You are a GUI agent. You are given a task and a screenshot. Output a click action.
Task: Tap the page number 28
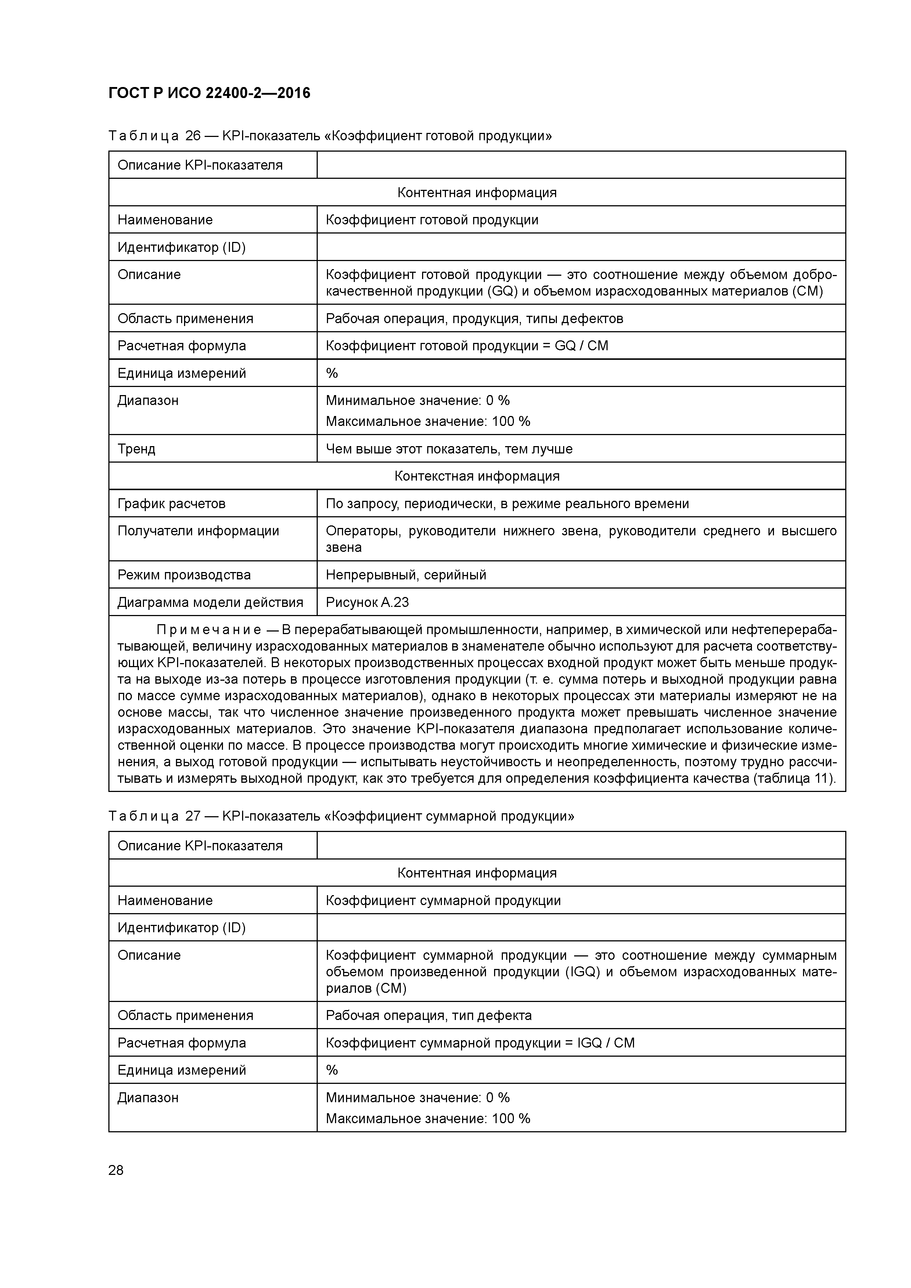point(116,1170)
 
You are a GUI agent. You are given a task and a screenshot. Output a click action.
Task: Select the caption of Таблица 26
point(330,136)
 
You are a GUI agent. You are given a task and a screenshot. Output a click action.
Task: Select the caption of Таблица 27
point(341,816)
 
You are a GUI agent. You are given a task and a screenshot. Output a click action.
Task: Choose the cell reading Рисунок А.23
point(367,603)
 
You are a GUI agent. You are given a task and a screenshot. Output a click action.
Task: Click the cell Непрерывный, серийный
point(406,575)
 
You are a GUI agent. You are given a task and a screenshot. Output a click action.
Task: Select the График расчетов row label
point(171,504)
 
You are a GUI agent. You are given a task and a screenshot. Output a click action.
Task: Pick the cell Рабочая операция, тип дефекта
point(428,1015)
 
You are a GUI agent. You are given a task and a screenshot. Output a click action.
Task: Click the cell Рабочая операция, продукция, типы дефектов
point(474,319)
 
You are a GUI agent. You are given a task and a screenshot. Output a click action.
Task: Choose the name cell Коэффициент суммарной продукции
point(443,900)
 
